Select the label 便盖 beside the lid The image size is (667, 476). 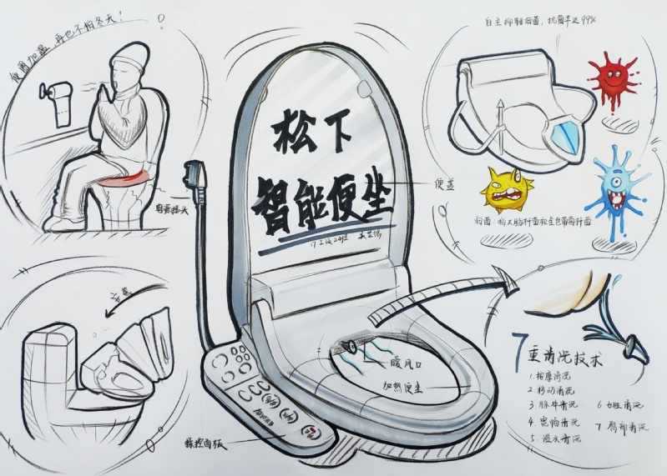(443, 184)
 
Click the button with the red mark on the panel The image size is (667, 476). (310, 432)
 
